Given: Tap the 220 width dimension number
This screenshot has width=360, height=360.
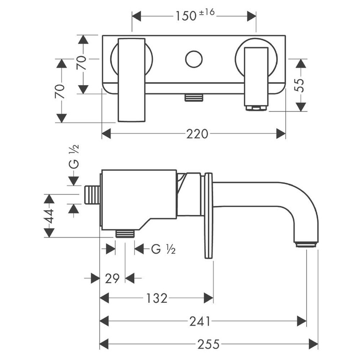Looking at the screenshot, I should (197, 134).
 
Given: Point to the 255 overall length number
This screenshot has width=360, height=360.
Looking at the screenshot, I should (208, 344).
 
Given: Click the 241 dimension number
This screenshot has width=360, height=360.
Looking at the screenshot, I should (199, 321).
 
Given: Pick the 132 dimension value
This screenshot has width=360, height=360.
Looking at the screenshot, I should (157, 298).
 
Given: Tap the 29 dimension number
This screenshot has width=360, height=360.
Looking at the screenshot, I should (112, 278).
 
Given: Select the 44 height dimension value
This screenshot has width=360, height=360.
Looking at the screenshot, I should (50, 216).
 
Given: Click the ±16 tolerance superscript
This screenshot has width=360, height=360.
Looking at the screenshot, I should (207, 14).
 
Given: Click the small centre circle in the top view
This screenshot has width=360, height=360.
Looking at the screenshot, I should (194, 59).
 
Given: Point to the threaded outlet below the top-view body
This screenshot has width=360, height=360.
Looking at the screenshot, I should (194, 98).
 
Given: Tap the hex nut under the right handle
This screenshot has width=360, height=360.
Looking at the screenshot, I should (256, 108).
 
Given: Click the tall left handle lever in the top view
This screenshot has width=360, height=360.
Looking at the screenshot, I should (132, 80).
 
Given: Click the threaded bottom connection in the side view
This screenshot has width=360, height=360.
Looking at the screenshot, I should (125, 233).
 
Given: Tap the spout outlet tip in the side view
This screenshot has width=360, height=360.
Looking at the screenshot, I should (306, 244).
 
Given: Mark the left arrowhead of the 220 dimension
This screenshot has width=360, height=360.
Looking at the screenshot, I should (106, 134).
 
